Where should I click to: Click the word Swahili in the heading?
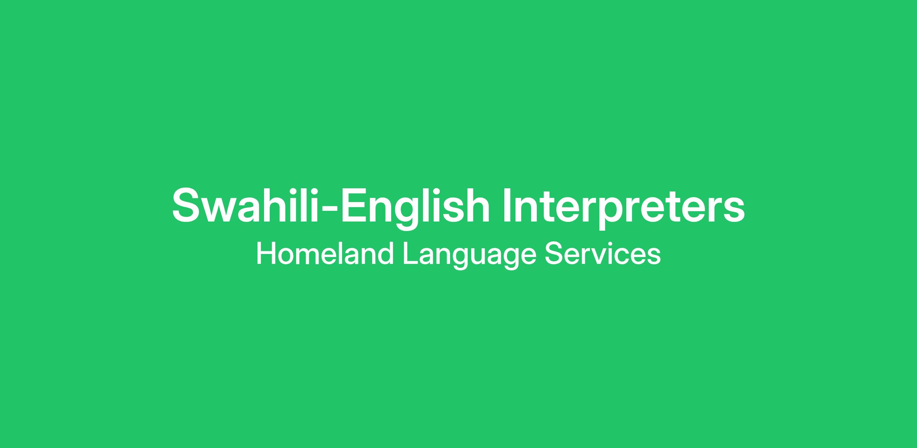(245, 205)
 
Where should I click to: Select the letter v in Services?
(601, 256)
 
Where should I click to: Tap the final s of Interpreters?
(732, 210)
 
